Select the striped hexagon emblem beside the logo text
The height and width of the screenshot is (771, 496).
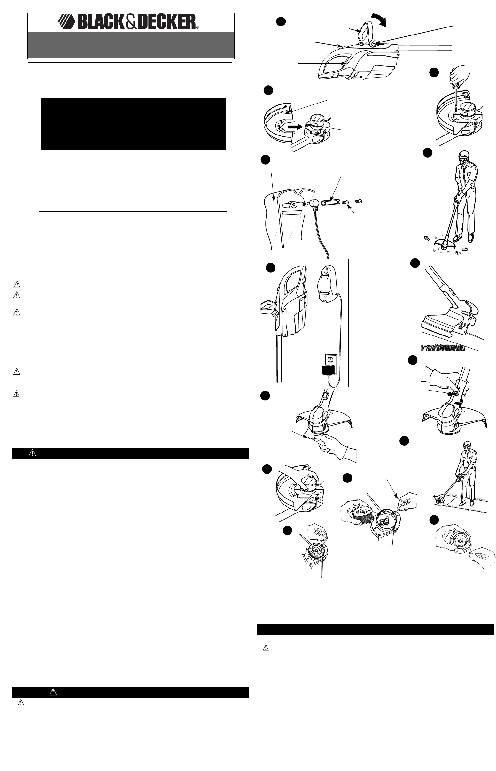67,23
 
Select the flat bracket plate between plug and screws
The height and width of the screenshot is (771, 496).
331,202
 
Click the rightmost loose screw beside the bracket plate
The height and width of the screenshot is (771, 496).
359,201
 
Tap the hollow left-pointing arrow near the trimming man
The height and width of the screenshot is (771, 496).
427,239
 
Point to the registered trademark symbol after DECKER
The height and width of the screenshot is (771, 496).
198,28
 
